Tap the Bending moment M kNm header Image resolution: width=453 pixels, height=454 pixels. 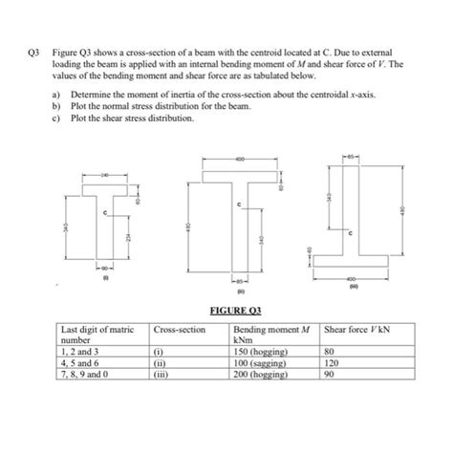click(x=271, y=333)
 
